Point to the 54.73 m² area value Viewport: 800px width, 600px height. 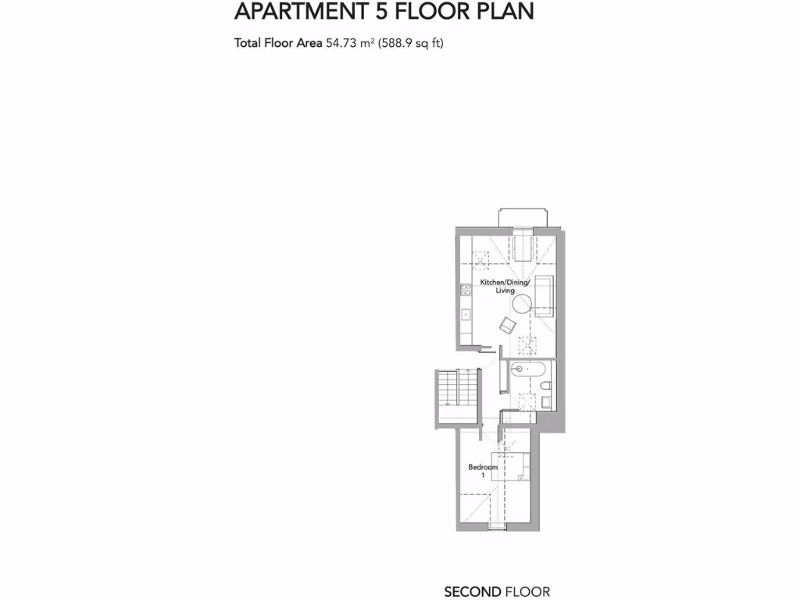point(351,44)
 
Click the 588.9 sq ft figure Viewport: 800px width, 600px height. point(411,44)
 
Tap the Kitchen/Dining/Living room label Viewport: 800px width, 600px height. point(505,285)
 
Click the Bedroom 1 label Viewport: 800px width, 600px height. point(483,471)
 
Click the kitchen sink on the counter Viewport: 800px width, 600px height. point(465,315)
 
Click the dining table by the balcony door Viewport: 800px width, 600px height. point(521,248)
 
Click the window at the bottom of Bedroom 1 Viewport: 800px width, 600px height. point(496,529)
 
